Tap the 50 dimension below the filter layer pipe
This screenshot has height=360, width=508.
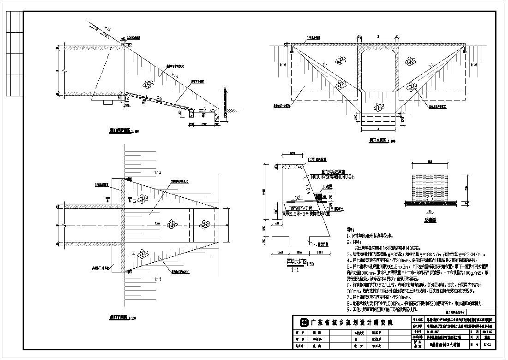430,211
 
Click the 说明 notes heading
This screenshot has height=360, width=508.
351,230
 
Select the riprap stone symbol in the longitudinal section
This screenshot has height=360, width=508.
148,83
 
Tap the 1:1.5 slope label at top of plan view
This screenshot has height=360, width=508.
159,172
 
